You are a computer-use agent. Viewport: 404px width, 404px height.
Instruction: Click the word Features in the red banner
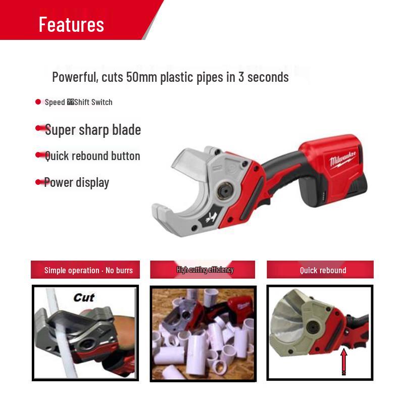pos(71,24)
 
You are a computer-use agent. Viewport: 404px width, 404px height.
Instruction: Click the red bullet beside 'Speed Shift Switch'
pos(38,102)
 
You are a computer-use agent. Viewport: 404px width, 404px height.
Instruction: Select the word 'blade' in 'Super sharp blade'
pos(126,130)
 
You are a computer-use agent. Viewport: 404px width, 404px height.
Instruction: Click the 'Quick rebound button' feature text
pos(92,156)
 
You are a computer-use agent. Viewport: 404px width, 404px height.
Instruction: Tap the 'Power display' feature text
pos(77,182)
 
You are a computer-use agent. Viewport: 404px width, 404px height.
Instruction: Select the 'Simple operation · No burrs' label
pos(88,270)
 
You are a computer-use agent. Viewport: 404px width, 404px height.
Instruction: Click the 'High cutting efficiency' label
pos(205,270)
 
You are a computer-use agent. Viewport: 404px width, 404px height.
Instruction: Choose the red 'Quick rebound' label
pos(323,270)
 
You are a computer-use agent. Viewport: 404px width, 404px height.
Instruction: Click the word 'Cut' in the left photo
pos(84,297)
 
